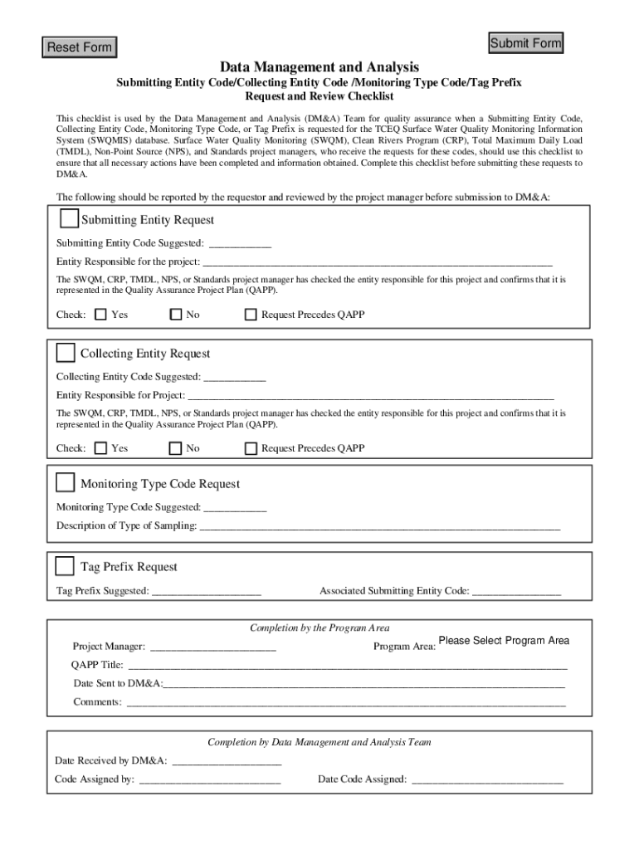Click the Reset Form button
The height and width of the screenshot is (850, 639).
79,47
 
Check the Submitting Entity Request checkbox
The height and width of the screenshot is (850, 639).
69,219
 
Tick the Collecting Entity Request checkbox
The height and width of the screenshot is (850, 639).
66,353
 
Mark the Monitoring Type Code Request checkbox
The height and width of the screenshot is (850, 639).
66,483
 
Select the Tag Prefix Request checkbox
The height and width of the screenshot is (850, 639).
65,566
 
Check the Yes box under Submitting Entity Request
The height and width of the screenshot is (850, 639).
100,315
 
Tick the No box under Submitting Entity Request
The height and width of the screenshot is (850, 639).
175,315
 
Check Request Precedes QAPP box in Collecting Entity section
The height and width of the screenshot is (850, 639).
251,448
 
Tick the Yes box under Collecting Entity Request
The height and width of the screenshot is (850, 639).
100,448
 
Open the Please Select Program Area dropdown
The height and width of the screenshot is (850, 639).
504,641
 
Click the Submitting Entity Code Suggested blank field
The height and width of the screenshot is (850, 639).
240,243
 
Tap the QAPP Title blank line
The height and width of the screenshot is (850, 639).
347,665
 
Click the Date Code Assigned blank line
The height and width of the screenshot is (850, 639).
487,779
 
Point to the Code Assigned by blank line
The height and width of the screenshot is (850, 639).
210,779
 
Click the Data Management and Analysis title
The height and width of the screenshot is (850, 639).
319,66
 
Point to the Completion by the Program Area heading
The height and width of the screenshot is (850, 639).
319,628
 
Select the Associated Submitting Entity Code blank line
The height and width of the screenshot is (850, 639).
516,591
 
